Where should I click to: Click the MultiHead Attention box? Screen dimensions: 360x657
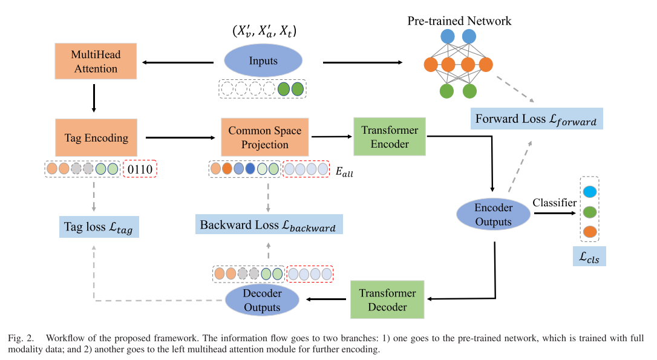pos(96,62)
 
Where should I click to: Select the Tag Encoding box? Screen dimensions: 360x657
pos(96,138)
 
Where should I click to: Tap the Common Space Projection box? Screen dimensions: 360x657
pos(265,138)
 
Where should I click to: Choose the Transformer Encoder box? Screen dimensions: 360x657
pos(390,138)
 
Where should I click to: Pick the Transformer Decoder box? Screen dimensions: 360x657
pos(387,300)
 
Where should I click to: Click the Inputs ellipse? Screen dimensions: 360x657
pos(263,62)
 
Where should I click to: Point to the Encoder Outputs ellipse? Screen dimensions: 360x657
pos(493,214)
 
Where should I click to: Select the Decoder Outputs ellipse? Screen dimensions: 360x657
pos(263,300)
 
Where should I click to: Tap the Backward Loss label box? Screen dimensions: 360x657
pos(268,224)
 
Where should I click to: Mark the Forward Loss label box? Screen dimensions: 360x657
pos(536,119)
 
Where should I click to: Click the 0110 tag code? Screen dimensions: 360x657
pos(140,169)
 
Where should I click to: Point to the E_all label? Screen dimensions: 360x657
pos(344,172)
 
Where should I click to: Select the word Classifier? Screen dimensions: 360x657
pos(554,203)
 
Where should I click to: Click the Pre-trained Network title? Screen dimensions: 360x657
pos(459,21)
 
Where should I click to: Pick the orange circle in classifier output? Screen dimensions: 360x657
pos(590,232)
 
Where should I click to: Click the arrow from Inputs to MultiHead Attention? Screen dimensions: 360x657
pos(178,62)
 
